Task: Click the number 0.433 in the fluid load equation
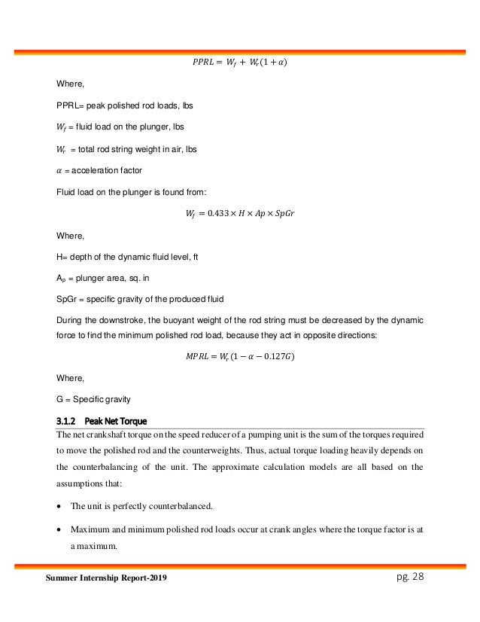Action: (217, 212)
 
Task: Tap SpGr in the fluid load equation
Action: (283, 212)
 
